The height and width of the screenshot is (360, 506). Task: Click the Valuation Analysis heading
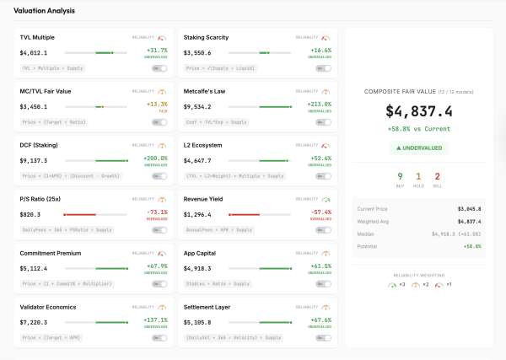[44, 11]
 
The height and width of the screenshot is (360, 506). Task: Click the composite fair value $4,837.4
[419, 110]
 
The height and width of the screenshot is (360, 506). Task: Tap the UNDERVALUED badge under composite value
[419, 147]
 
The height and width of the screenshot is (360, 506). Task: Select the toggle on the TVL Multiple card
[159, 67]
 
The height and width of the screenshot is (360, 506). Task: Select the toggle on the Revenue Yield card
[324, 229]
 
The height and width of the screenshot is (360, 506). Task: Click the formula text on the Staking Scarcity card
[222, 67]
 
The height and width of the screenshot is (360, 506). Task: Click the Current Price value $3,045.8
[468, 207]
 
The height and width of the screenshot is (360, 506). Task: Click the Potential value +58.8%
[471, 246]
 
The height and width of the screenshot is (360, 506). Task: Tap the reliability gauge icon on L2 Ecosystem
[327, 145]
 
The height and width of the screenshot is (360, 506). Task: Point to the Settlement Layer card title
[207, 307]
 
